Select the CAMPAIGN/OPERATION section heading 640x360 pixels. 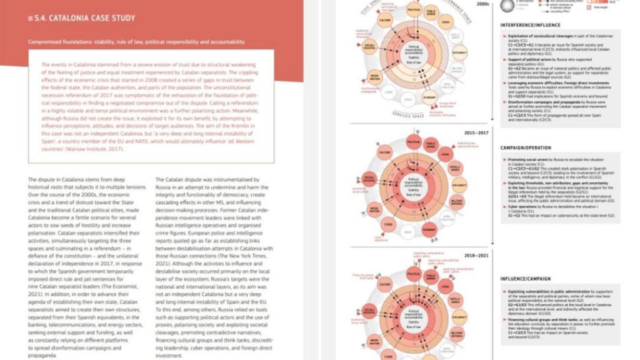[x=526, y=147]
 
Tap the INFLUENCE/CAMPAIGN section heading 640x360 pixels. [x=525, y=278]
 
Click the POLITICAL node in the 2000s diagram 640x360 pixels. [x=414, y=10]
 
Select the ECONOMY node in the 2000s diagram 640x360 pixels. [x=429, y=97]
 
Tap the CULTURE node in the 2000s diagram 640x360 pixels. [x=384, y=21]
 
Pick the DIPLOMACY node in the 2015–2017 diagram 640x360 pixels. [x=459, y=185]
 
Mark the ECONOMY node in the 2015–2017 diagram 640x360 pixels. [x=429, y=229]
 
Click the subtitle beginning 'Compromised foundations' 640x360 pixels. [x=136, y=42]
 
